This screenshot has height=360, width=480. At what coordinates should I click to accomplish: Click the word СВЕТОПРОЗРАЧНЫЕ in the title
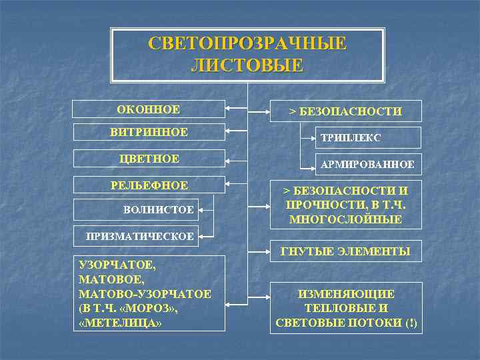tap(247, 44)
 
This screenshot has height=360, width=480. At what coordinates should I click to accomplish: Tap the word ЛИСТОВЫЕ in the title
tap(247, 65)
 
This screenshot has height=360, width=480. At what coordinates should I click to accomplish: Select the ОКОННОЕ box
tap(149, 109)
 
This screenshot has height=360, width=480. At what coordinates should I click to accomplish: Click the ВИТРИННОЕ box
tap(149, 133)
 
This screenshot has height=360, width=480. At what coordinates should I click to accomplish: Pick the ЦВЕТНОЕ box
tap(149, 159)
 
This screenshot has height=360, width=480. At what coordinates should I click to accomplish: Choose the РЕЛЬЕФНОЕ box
tap(149, 185)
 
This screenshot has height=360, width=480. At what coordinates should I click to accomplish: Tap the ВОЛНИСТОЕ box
tap(159, 210)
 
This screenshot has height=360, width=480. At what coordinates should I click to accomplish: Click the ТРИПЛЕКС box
tap(368, 137)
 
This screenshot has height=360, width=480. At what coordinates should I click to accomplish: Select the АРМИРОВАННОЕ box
tap(368, 163)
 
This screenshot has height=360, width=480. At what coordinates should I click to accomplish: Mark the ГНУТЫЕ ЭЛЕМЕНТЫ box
tap(345, 251)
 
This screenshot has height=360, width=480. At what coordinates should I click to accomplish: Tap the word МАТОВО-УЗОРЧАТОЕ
tap(145, 294)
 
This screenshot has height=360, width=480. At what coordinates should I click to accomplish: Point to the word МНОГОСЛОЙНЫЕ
tap(345, 219)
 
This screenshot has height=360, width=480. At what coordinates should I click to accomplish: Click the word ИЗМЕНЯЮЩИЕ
tap(345, 294)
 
